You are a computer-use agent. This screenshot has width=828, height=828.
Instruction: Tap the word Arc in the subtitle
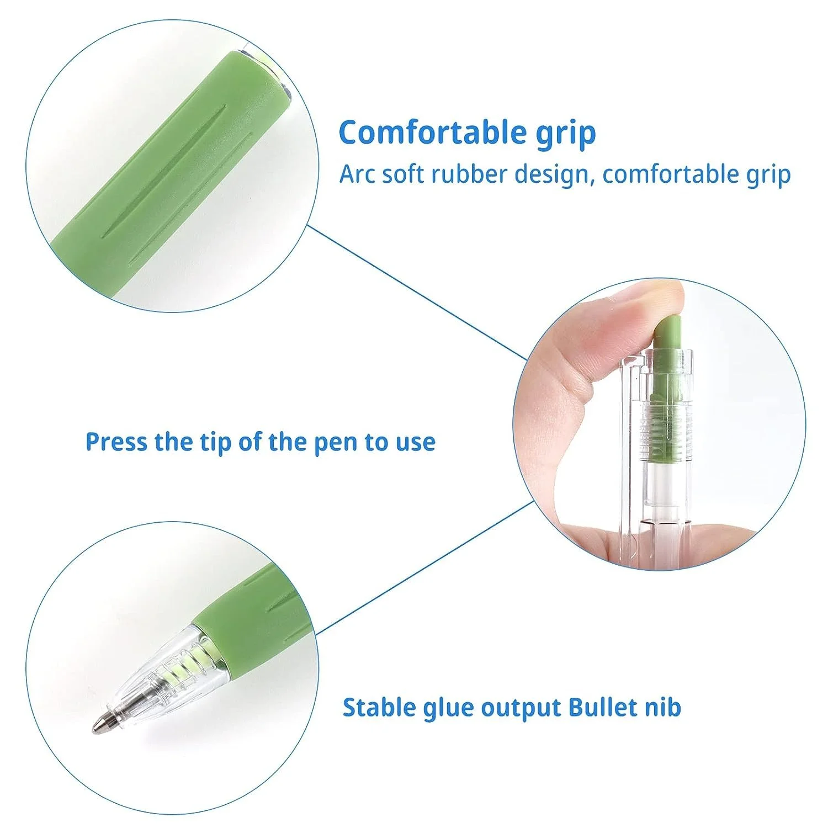coord(356,174)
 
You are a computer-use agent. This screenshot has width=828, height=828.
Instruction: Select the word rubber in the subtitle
coord(469,174)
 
